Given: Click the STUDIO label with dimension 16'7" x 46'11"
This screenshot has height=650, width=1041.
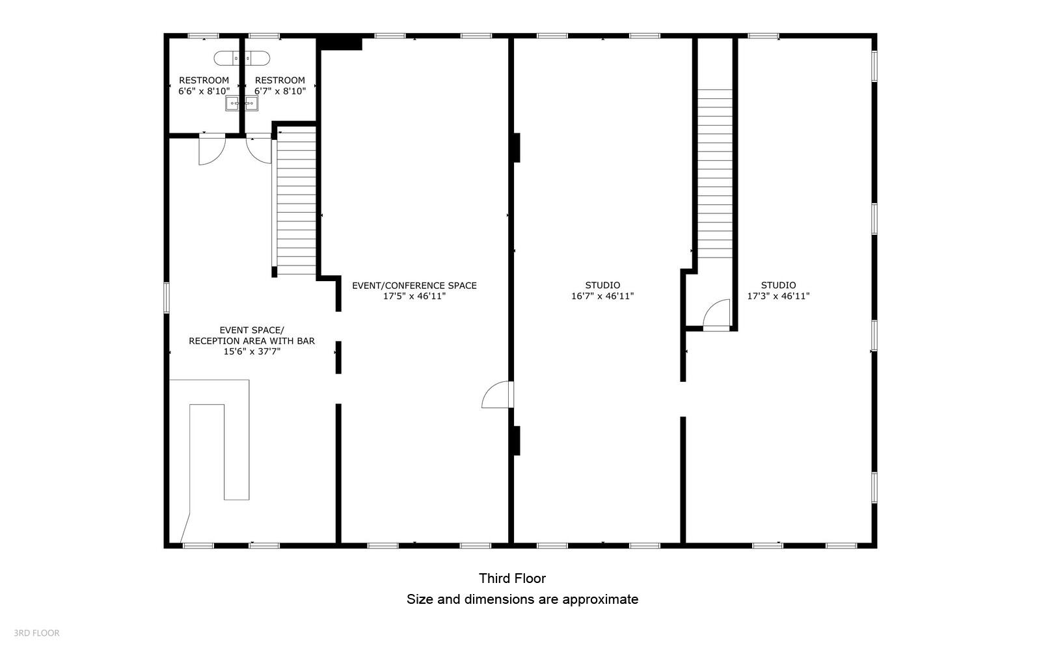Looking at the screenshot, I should coord(602,291).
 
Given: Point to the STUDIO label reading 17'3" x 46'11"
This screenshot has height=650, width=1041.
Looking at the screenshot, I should coord(778,291).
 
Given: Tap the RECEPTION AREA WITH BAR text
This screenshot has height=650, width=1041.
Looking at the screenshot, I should coord(252,340).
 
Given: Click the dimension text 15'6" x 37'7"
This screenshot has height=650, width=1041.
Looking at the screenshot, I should coord(252,351).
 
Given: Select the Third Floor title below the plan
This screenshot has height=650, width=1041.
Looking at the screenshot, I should coord(512,578).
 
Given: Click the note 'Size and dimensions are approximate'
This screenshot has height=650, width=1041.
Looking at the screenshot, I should coord(522,599).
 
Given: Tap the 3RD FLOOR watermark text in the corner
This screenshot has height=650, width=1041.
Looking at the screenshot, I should coord(36,632).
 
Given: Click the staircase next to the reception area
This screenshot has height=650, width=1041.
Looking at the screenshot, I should coord(295,202).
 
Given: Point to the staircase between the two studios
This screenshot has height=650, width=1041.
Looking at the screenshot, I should coord(715,172).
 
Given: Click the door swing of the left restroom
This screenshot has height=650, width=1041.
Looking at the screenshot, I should coord(211,149).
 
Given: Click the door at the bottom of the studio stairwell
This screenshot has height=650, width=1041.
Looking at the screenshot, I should coord(717,315).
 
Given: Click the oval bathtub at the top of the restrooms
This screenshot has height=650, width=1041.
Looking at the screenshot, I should coord(241,58).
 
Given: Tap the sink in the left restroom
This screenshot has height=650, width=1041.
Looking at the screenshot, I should coord(233,103).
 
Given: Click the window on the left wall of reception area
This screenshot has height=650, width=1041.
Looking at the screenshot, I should coord(167,297).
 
